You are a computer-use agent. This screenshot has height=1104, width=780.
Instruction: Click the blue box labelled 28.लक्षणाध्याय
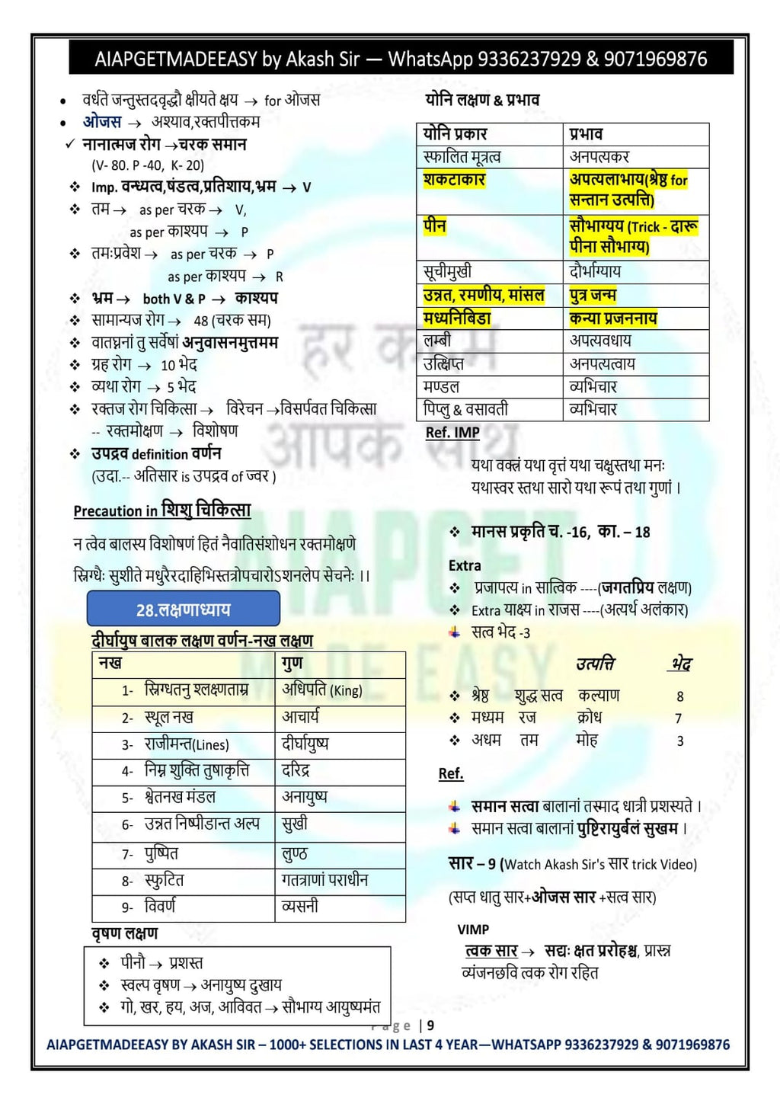pyautogui.click(x=183, y=610)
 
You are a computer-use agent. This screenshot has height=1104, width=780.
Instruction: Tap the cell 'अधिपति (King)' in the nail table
pyautogui.click(x=322, y=690)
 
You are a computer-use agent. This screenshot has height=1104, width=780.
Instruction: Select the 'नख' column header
pyautogui.click(x=110, y=664)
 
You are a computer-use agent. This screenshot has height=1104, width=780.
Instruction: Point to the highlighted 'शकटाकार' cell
pyautogui.click(x=455, y=181)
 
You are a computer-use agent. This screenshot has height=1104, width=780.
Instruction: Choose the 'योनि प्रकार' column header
pyautogui.click(x=456, y=134)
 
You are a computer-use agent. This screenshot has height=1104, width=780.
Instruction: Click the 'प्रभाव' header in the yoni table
pyautogui.click(x=587, y=134)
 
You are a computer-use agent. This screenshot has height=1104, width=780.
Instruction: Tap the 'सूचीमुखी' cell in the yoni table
pyautogui.click(x=448, y=271)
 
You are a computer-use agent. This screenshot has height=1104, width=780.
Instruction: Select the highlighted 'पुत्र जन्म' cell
pyautogui.click(x=593, y=295)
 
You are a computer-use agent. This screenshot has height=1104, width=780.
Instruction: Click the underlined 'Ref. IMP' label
pyautogui.click(x=452, y=432)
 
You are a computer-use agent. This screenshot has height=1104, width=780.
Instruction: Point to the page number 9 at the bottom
pyautogui.click(x=430, y=1026)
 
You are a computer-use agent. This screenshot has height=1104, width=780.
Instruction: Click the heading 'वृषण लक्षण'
pyautogui.click(x=125, y=933)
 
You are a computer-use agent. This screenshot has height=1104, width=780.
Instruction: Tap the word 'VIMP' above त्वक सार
pyautogui.click(x=473, y=930)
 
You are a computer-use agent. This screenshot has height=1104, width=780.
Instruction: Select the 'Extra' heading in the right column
pyautogui.click(x=465, y=565)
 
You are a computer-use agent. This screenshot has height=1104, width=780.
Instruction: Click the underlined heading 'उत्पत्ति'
pyautogui.click(x=596, y=664)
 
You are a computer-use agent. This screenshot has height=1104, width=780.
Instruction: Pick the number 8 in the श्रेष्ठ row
pyautogui.click(x=680, y=696)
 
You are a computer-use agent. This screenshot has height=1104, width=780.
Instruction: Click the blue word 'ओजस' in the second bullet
pyautogui.click(x=102, y=122)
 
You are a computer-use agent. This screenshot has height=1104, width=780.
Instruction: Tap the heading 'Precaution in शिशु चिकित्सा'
pyautogui.click(x=162, y=510)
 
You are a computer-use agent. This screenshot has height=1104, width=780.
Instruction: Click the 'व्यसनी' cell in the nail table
pyautogui.click(x=300, y=907)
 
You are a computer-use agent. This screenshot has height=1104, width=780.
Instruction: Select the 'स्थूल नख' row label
pyautogui.click(x=168, y=718)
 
